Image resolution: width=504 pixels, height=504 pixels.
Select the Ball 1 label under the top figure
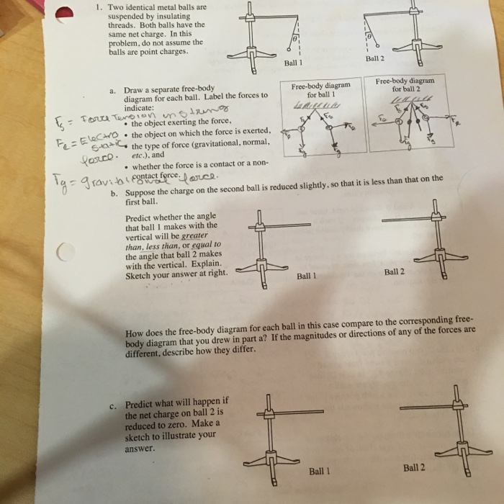tap(293, 62)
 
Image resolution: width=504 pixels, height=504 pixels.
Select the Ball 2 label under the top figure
tap(375, 58)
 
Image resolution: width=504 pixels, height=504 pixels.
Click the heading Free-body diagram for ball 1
tap(321, 90)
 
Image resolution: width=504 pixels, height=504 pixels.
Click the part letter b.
tap(114, 193)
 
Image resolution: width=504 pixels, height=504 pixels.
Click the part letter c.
tap(113, 405)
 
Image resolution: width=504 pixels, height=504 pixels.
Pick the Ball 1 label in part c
tap(320, 471)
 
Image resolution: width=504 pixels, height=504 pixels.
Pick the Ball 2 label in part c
tap(414, 467)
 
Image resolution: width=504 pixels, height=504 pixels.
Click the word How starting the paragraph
tap(134, 333)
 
